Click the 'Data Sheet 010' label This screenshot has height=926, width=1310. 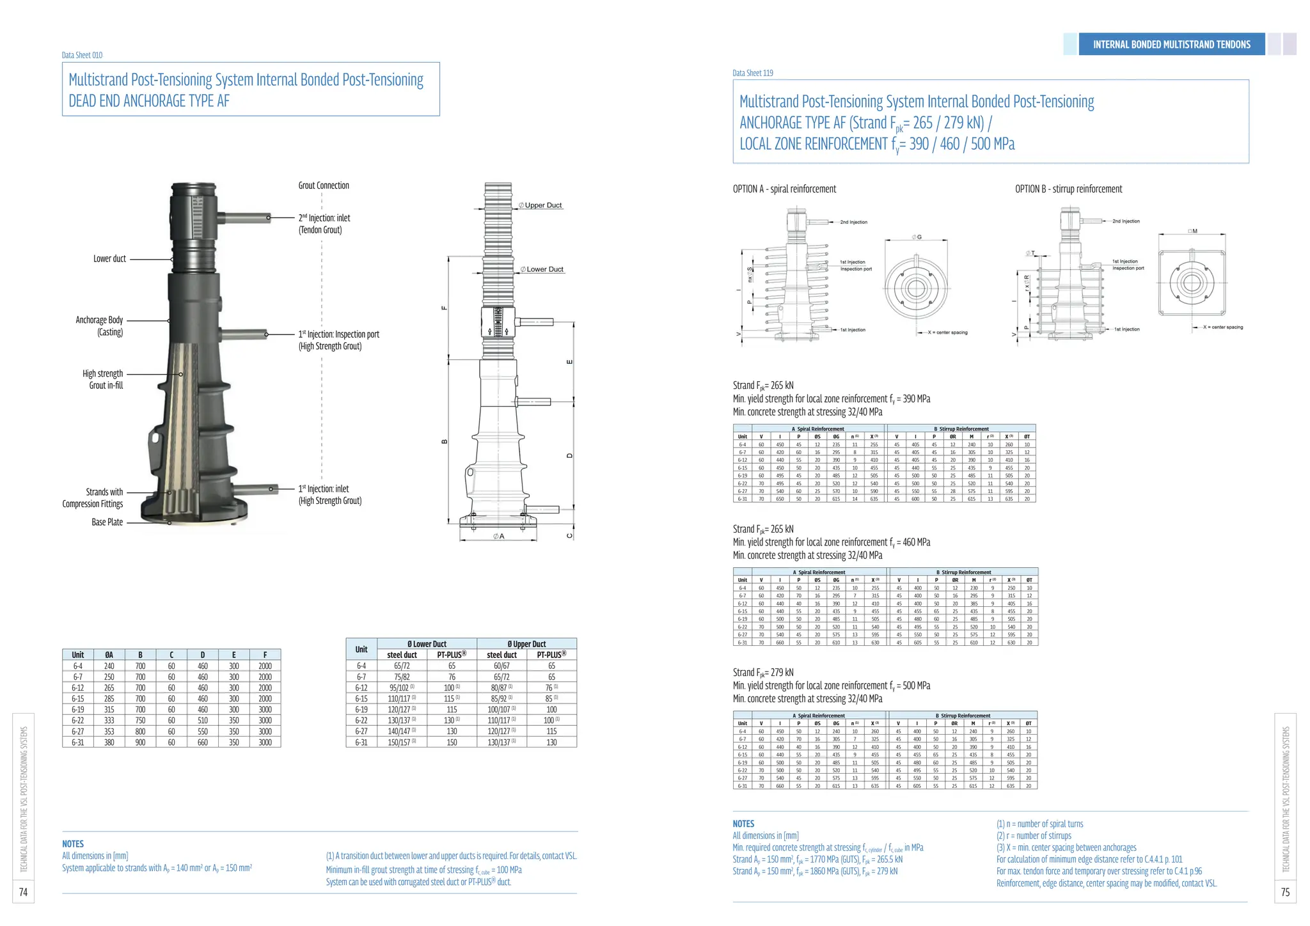(x=82, y=55)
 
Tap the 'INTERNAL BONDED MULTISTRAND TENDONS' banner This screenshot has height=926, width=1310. (x=1171, y=44)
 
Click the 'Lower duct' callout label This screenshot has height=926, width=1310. (x=109, y=259)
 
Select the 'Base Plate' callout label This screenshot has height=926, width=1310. (x=107, y=522)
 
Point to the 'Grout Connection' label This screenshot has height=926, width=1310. (x=324, y=185)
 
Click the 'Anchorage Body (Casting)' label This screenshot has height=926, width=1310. (x=100, y=326)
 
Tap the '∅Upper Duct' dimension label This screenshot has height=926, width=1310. (x=541, y=205)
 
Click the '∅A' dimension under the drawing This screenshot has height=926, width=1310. (x=498, y=537)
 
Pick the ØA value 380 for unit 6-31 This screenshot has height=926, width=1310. (x=109, y=742)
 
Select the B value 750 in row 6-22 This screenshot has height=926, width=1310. (x=140, y=721)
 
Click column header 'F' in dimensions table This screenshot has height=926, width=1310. (x=265, y=655)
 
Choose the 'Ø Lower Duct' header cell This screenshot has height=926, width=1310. (x=427, y=644)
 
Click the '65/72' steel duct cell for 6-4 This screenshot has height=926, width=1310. (x=402, y=666)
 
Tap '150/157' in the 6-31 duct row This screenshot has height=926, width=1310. (x=399, y=742)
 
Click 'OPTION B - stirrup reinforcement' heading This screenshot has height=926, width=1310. (x=1068, y=189)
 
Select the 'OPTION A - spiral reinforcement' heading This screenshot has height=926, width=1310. (x=784, y=189)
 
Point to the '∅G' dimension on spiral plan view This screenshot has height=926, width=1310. (x=917, y=237)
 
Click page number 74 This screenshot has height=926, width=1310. (x=23, y=892)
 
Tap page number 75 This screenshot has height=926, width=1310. (x=1285, y=892)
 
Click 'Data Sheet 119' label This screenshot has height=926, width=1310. (x=753, y=73)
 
